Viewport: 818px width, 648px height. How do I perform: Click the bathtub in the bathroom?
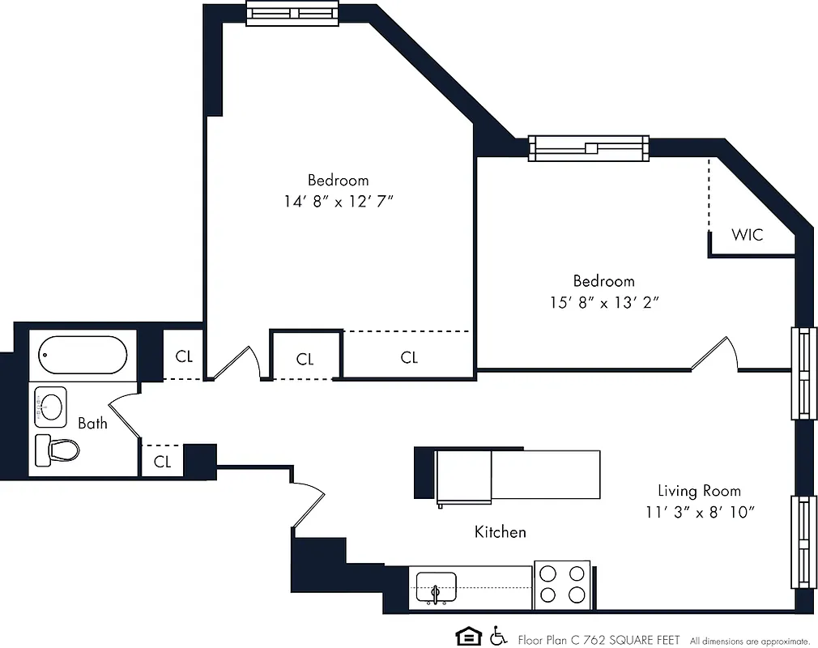point(83,355)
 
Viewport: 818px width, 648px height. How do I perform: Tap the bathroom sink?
point(51,407)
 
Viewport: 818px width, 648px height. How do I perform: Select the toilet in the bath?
point(56,449)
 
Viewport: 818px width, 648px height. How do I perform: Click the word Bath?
point(92,423)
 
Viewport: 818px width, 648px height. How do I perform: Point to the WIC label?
point(747,235)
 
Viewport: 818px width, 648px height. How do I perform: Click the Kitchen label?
point(500,532)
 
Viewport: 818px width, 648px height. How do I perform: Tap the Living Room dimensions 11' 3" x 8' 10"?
point(700,512)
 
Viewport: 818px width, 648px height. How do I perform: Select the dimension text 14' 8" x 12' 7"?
point(338,201)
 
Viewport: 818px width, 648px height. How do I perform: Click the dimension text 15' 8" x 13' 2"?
point(603,302)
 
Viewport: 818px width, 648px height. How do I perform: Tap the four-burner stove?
point(562,584)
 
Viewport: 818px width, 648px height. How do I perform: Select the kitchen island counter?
point(518,475)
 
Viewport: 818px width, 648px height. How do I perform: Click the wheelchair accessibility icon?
point(498,637)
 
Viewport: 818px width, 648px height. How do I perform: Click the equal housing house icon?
point(467,637)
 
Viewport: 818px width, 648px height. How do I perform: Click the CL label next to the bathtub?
point(184,356)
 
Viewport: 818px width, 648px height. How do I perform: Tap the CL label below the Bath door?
point(163,462)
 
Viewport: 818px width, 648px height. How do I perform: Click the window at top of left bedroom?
point(292,14)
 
